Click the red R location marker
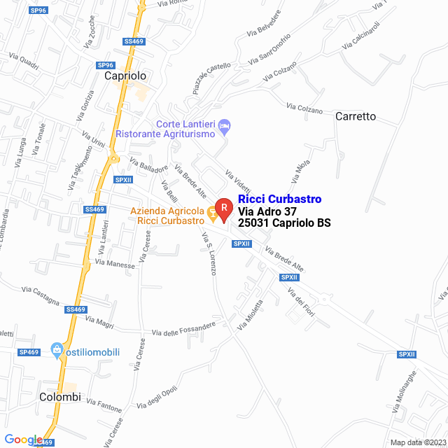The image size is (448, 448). tap(223, 208)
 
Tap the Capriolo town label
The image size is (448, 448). tap(125, 76)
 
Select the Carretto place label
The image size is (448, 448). tap(356, 116)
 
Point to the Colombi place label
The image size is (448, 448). tap(60, 397)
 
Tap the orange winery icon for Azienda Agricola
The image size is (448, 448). tap(211, 212)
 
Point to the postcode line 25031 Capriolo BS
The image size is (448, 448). tap(284, 223)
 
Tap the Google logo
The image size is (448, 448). tap(22, 440)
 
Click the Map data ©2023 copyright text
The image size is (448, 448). tap(418, 442)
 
